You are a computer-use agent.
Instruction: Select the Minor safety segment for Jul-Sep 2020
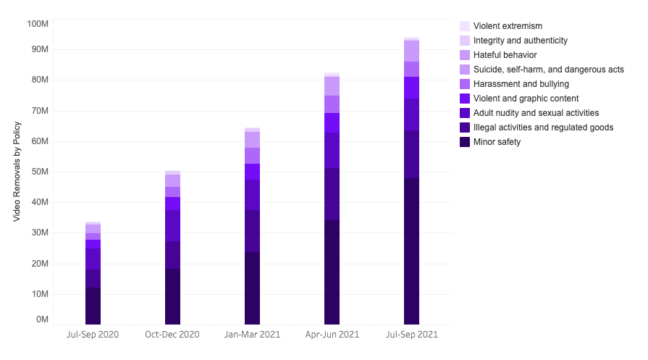coord(93,306)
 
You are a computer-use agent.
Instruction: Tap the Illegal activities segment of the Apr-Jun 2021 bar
coord(332,194)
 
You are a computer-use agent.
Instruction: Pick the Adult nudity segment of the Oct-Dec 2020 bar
coord(172,226)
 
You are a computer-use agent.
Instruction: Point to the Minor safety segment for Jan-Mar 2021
coord(252,288)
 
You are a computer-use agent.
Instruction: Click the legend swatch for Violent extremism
coord(465,26)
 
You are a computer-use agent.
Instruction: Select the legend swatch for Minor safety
coord(465,142)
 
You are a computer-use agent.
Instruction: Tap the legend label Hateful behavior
coord(505,55)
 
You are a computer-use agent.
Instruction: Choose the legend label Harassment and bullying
coord(521,84)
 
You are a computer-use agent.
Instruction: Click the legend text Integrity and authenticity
coord(520,41)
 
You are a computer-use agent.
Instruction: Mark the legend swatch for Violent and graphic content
coord(465,99)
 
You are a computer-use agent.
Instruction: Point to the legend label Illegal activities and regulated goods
coord(543,127)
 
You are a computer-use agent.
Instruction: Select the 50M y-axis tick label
coord(39,172)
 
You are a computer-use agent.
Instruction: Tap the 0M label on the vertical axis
coord(42,319)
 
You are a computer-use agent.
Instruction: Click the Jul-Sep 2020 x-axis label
coord(93,335)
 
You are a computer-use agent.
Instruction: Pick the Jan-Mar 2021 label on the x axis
coord(252,335)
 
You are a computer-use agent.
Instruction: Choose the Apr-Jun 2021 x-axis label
coord(332,335)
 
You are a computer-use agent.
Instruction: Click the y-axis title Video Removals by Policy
coord(17,171)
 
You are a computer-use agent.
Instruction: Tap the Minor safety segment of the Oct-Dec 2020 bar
coord(172,297)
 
